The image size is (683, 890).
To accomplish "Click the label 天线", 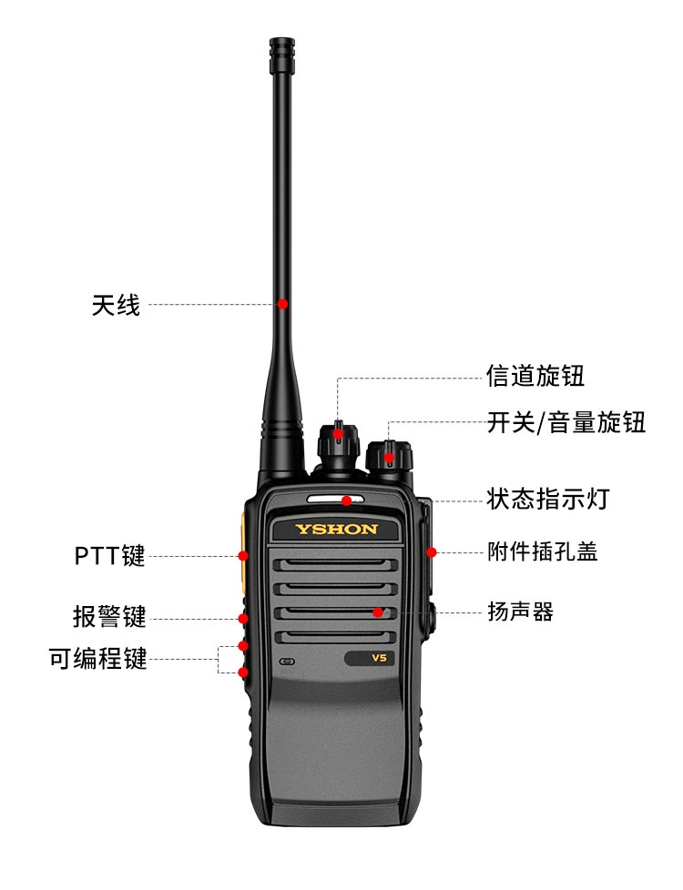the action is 116,305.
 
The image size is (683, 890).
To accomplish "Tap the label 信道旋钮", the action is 535,376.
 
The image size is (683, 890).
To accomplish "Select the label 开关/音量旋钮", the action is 566,423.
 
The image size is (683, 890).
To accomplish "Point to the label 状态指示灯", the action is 547,499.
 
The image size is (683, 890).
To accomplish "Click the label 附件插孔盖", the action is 543,551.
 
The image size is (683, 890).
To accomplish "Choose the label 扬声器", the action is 521,612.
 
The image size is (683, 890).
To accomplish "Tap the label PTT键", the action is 109,556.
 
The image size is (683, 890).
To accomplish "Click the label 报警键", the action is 109,616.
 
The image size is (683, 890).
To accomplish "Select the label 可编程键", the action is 97,659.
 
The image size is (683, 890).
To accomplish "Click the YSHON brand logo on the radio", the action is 336,530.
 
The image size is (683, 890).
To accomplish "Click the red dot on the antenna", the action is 282,304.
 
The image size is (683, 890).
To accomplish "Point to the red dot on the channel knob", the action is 338,435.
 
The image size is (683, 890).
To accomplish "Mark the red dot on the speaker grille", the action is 378,612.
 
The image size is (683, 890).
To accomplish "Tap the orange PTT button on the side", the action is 242,551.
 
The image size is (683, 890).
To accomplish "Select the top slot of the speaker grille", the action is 335,565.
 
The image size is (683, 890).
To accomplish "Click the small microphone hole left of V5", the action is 288,662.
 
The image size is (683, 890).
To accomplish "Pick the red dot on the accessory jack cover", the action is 432,551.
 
